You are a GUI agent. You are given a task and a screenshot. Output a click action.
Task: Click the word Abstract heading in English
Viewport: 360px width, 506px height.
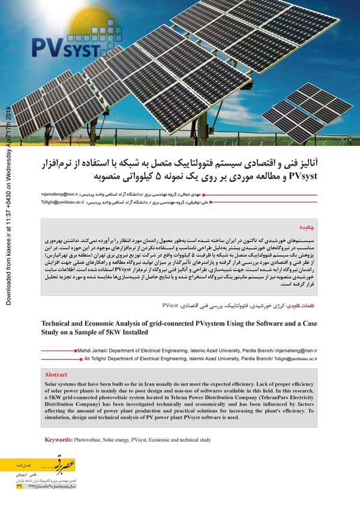coord(56,374)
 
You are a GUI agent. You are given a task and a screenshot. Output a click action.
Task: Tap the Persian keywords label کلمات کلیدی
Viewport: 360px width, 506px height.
coord(307,305)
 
